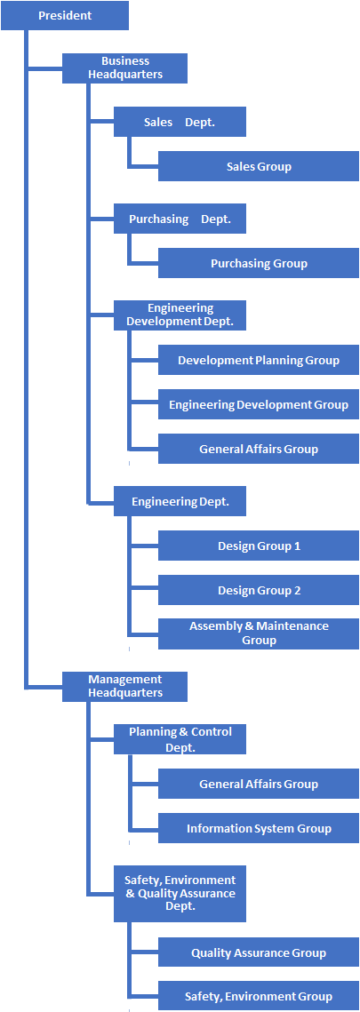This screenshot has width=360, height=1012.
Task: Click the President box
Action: tap(65, 15)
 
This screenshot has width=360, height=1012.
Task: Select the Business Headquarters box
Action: tap(124, 68)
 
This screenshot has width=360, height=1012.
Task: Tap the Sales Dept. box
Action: tap(180, 122)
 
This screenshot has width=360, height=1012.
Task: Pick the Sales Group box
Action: tap(258, 166)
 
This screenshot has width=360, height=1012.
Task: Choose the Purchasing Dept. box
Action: tap(180, 219)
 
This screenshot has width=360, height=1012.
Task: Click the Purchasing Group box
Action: tap(258, 263)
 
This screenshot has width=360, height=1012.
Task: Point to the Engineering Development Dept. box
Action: tap(180, 315)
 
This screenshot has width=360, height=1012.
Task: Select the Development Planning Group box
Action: tap(258, 360)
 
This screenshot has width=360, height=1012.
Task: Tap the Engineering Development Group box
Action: tap(258, 404)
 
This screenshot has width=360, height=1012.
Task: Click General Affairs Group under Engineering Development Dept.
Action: tap(258, 449)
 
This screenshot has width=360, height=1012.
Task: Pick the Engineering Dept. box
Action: tap(180, 501)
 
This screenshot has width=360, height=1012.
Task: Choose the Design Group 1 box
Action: tap(258, 546)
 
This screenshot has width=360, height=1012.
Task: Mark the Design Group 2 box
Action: tap(258, 590)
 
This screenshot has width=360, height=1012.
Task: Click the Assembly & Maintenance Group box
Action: tap(258, 633)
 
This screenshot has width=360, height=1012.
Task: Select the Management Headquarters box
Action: tap(124, 686)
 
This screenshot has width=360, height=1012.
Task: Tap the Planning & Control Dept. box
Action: tap(180, 739)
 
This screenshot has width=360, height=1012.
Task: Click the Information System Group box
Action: tap(258, 828)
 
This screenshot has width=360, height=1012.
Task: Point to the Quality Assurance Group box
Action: tap(258, 952)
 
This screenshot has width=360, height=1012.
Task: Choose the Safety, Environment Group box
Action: tap(258, 997)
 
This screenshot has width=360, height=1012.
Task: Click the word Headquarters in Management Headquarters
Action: tap(125, 692)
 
